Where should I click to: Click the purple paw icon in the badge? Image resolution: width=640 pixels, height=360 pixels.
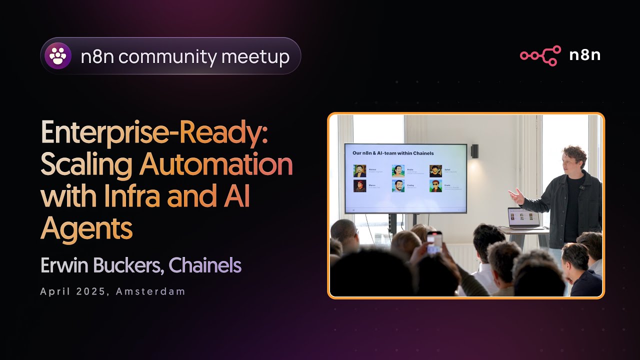58,56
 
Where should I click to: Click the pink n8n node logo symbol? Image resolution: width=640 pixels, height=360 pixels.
540,55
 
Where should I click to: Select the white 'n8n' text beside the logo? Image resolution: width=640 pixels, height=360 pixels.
584,55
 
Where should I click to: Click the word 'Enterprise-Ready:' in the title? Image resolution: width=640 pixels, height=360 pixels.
154,133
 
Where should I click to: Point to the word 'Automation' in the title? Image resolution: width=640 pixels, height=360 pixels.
216,164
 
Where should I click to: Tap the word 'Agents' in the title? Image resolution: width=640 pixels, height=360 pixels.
86,228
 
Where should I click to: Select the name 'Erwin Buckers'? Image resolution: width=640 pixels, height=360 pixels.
102,265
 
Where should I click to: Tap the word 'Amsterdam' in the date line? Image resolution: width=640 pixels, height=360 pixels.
150,291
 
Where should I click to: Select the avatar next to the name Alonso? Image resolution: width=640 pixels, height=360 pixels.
359,170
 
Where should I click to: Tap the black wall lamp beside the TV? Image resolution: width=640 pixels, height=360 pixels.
474,150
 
